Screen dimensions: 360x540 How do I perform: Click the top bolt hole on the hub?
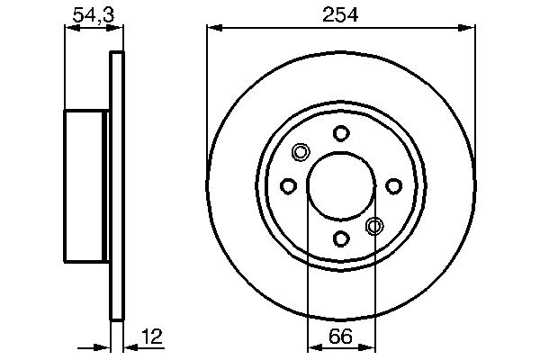(341, 134)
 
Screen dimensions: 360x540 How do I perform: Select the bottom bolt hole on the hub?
(341, 238)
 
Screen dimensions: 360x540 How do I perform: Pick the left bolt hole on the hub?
(289, 186)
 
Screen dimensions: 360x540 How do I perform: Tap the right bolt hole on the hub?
(393, 186)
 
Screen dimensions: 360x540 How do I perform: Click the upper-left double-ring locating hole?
(301, 153)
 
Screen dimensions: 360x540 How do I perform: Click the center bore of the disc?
(341, 186)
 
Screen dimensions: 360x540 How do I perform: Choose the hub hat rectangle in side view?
(85, 186)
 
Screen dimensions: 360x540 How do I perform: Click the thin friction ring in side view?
(115, 186)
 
